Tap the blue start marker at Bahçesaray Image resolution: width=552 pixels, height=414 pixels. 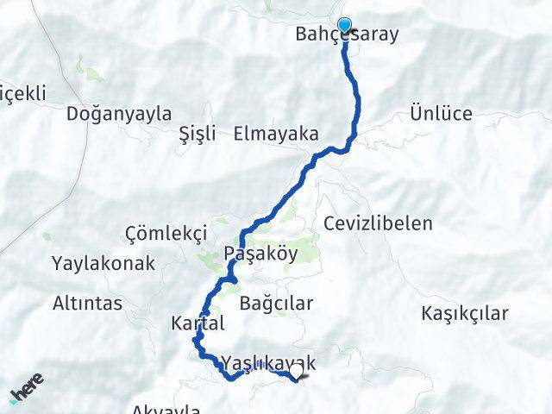(x=345, y=26)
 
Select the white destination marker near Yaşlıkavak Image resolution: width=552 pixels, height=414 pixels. (x=297, y=373)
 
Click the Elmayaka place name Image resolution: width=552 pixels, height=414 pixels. (x=275, y=134)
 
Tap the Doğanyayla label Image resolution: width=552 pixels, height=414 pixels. (x=119, y=113)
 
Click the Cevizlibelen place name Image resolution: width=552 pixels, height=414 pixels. (x=378, y=223)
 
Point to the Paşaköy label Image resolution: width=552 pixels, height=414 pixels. (x=260, y=254)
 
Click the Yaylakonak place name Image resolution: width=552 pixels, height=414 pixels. (x=102, y=263)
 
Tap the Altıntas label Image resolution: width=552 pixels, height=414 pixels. (x=87, y=304)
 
